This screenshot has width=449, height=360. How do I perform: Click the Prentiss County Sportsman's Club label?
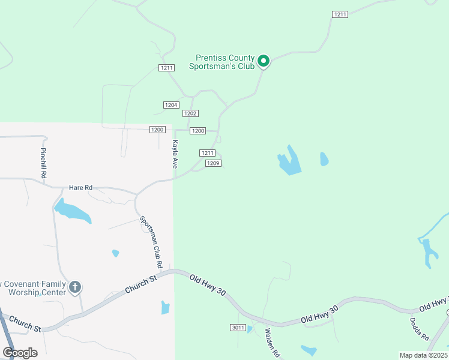tap(221, 62)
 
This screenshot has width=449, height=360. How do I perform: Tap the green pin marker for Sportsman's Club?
tap(263, 61)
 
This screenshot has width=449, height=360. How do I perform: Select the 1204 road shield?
tap(171, 105)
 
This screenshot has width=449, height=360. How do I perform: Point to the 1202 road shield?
tap(190, 113)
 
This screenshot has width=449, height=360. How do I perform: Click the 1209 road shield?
tap(213, 163)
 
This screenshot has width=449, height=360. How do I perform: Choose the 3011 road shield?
tap(238, 327)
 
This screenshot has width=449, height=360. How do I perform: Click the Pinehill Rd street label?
tap(43, 163)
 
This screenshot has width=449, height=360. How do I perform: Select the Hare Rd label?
tap(80, 188)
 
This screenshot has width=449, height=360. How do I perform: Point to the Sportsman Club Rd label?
tap(151, 241)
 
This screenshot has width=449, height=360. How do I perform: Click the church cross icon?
tap(75, 287)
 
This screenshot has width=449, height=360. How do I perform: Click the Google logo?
tap(20, 353)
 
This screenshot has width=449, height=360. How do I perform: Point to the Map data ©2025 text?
tap(423, 355)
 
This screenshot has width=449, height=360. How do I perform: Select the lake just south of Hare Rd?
tap(72, 212)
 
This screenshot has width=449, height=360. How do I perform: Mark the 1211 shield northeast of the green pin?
tap(339, 14)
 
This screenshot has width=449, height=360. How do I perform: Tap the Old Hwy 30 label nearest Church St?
tap(208, 285)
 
